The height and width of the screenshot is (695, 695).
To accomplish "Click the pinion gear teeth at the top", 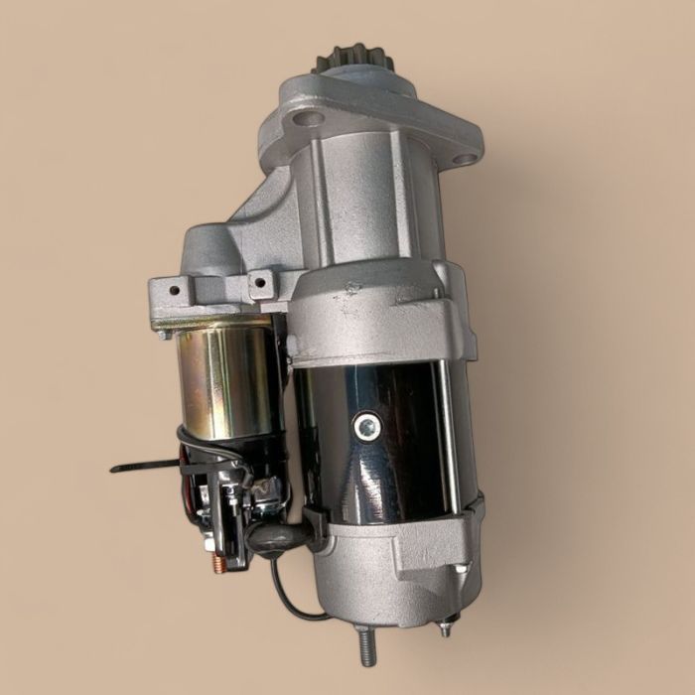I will [354, 61].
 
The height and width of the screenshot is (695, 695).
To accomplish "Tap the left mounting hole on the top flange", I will [309, 119].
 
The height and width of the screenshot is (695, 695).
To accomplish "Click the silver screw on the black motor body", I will [365, 427].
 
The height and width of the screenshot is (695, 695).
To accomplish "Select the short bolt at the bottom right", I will [446, 626].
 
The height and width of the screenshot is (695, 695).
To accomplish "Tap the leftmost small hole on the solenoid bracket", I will [175, 291].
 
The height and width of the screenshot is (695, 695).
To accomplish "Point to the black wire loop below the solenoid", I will [288, 596].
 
